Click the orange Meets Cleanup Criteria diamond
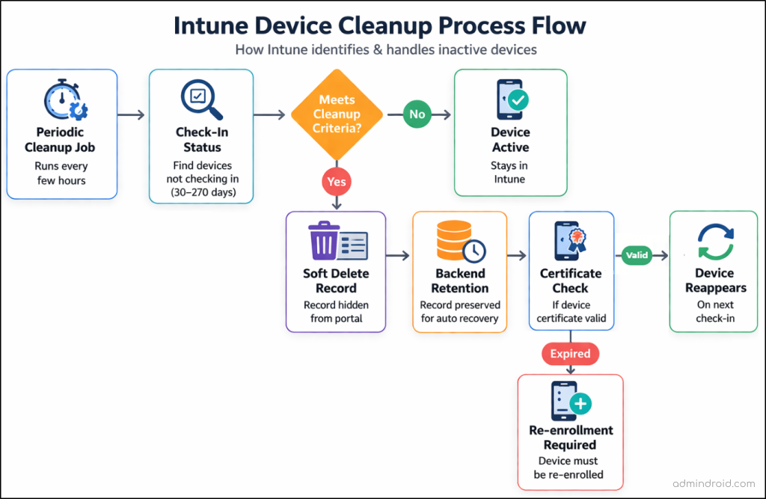(x=337, y=114)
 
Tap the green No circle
(x=417, y=114)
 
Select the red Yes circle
(x=336, y=181)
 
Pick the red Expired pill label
(x=570, y=354)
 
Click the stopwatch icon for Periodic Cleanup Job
(x=64, y=100)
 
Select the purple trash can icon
(x=325, y=241)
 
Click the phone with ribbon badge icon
(x=570, y=240)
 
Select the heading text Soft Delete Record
(x=336, y=281)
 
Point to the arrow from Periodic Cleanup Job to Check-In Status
(x=131, y=114)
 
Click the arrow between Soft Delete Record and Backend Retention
(x=398, y=256)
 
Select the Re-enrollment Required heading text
(x=570, y=438)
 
